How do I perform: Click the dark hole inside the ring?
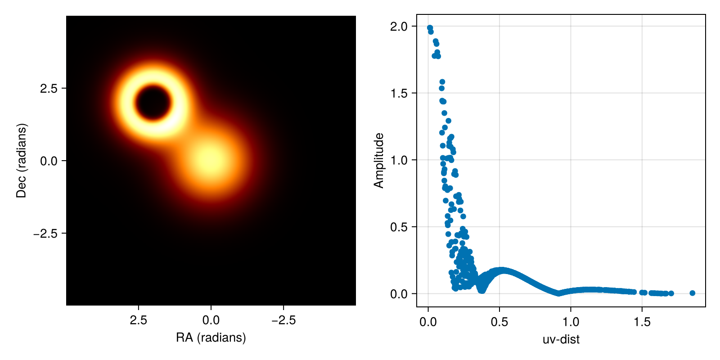153,102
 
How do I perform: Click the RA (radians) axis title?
211,338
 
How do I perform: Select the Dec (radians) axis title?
21,161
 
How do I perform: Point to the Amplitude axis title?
379,161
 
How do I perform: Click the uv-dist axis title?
561,339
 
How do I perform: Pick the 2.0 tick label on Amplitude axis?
399,27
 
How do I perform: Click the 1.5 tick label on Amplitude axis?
399,93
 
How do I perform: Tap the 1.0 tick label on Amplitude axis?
399,160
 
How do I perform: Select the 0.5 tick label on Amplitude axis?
399,227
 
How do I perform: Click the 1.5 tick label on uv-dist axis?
642,322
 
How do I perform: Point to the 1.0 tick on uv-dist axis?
571,322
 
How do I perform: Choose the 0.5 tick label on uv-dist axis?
499,322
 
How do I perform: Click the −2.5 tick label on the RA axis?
283,320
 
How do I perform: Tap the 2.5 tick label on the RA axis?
139,320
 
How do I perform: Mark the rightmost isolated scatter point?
692,293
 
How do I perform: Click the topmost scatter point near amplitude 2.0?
430,28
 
